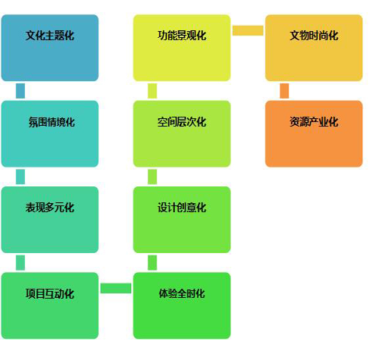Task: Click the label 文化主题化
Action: point(50,36)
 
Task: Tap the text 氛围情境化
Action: point(52,122)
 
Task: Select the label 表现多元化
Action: point(50,208)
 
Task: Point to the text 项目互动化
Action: point(50,294)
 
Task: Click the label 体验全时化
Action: point(182,293)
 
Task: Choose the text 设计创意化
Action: point(182,208)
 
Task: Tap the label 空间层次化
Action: point(182,122)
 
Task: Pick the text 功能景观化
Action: point(182,36)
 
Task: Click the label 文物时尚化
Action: point(314,36)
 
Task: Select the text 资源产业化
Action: point(314,122)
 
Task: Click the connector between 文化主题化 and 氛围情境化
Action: point(20,91)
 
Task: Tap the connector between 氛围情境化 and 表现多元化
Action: point(20,177)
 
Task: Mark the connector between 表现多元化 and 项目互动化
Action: point(20,263)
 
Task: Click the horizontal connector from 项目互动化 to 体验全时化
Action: point(116,288)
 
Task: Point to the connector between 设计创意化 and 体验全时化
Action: point(152,263)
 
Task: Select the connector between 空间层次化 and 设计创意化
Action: point(152,177)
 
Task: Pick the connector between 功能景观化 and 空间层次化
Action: point(152,91)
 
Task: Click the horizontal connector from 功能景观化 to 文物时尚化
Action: point(248,30)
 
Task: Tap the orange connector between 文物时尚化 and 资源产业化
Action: point(284,91)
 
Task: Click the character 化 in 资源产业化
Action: point(334,122)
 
